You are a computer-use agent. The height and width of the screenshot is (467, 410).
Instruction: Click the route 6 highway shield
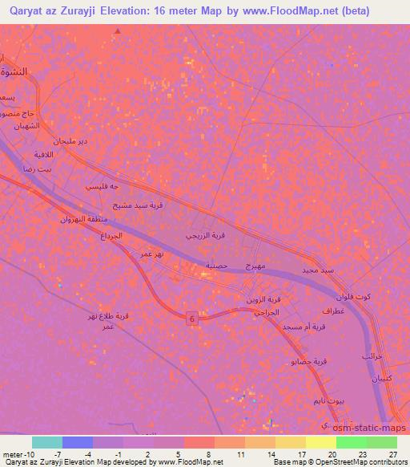[193, 319]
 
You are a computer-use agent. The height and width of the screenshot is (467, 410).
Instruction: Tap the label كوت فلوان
[352, 297]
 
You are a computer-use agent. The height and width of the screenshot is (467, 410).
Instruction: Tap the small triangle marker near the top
[118, 32]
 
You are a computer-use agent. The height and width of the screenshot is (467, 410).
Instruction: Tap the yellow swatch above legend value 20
[320, 442]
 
